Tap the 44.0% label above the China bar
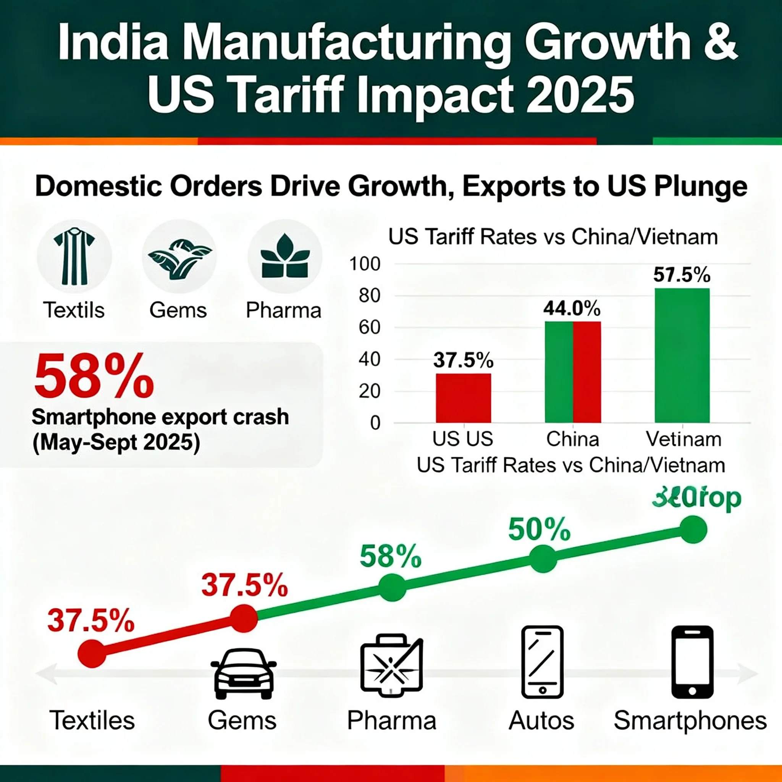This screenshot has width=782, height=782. (x=572, y=309)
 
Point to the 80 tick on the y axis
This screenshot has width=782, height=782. (x=370, y=296)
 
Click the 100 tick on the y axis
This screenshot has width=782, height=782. (x=365, y=264)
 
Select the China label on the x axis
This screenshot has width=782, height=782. (x=572, y=439)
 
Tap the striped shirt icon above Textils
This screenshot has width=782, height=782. (x=74, y=256)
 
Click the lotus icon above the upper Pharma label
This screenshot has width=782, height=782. (x=285, y=256)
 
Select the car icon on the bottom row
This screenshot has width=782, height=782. (x=244, y=674)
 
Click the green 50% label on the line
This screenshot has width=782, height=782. (x=539, y=530)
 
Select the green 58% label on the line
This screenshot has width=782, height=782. (x=391, y=557)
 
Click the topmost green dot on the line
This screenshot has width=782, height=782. (x=693, y=530)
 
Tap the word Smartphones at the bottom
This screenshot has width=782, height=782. (x=690, y=721)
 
